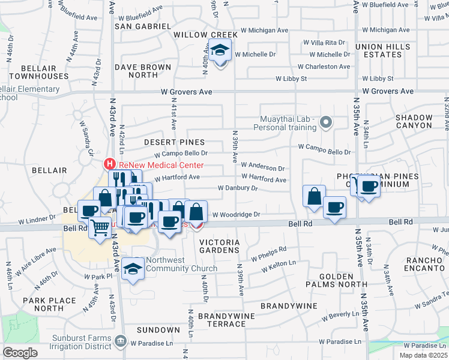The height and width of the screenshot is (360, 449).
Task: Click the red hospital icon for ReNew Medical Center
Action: (x=110, y=163)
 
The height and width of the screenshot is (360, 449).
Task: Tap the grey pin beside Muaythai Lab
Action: (x=326, y=123)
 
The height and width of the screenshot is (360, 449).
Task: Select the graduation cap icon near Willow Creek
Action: (x=220, y=52)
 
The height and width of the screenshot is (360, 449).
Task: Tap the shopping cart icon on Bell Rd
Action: (x=100, y=227)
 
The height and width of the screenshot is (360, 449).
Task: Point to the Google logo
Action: (x=20, y=353)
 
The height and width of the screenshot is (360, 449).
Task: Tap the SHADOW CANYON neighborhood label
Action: (x=414, y=121)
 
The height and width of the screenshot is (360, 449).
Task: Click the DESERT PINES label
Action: (x=174, y=142)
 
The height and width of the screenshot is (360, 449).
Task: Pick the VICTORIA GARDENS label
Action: (x=219, y=246)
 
